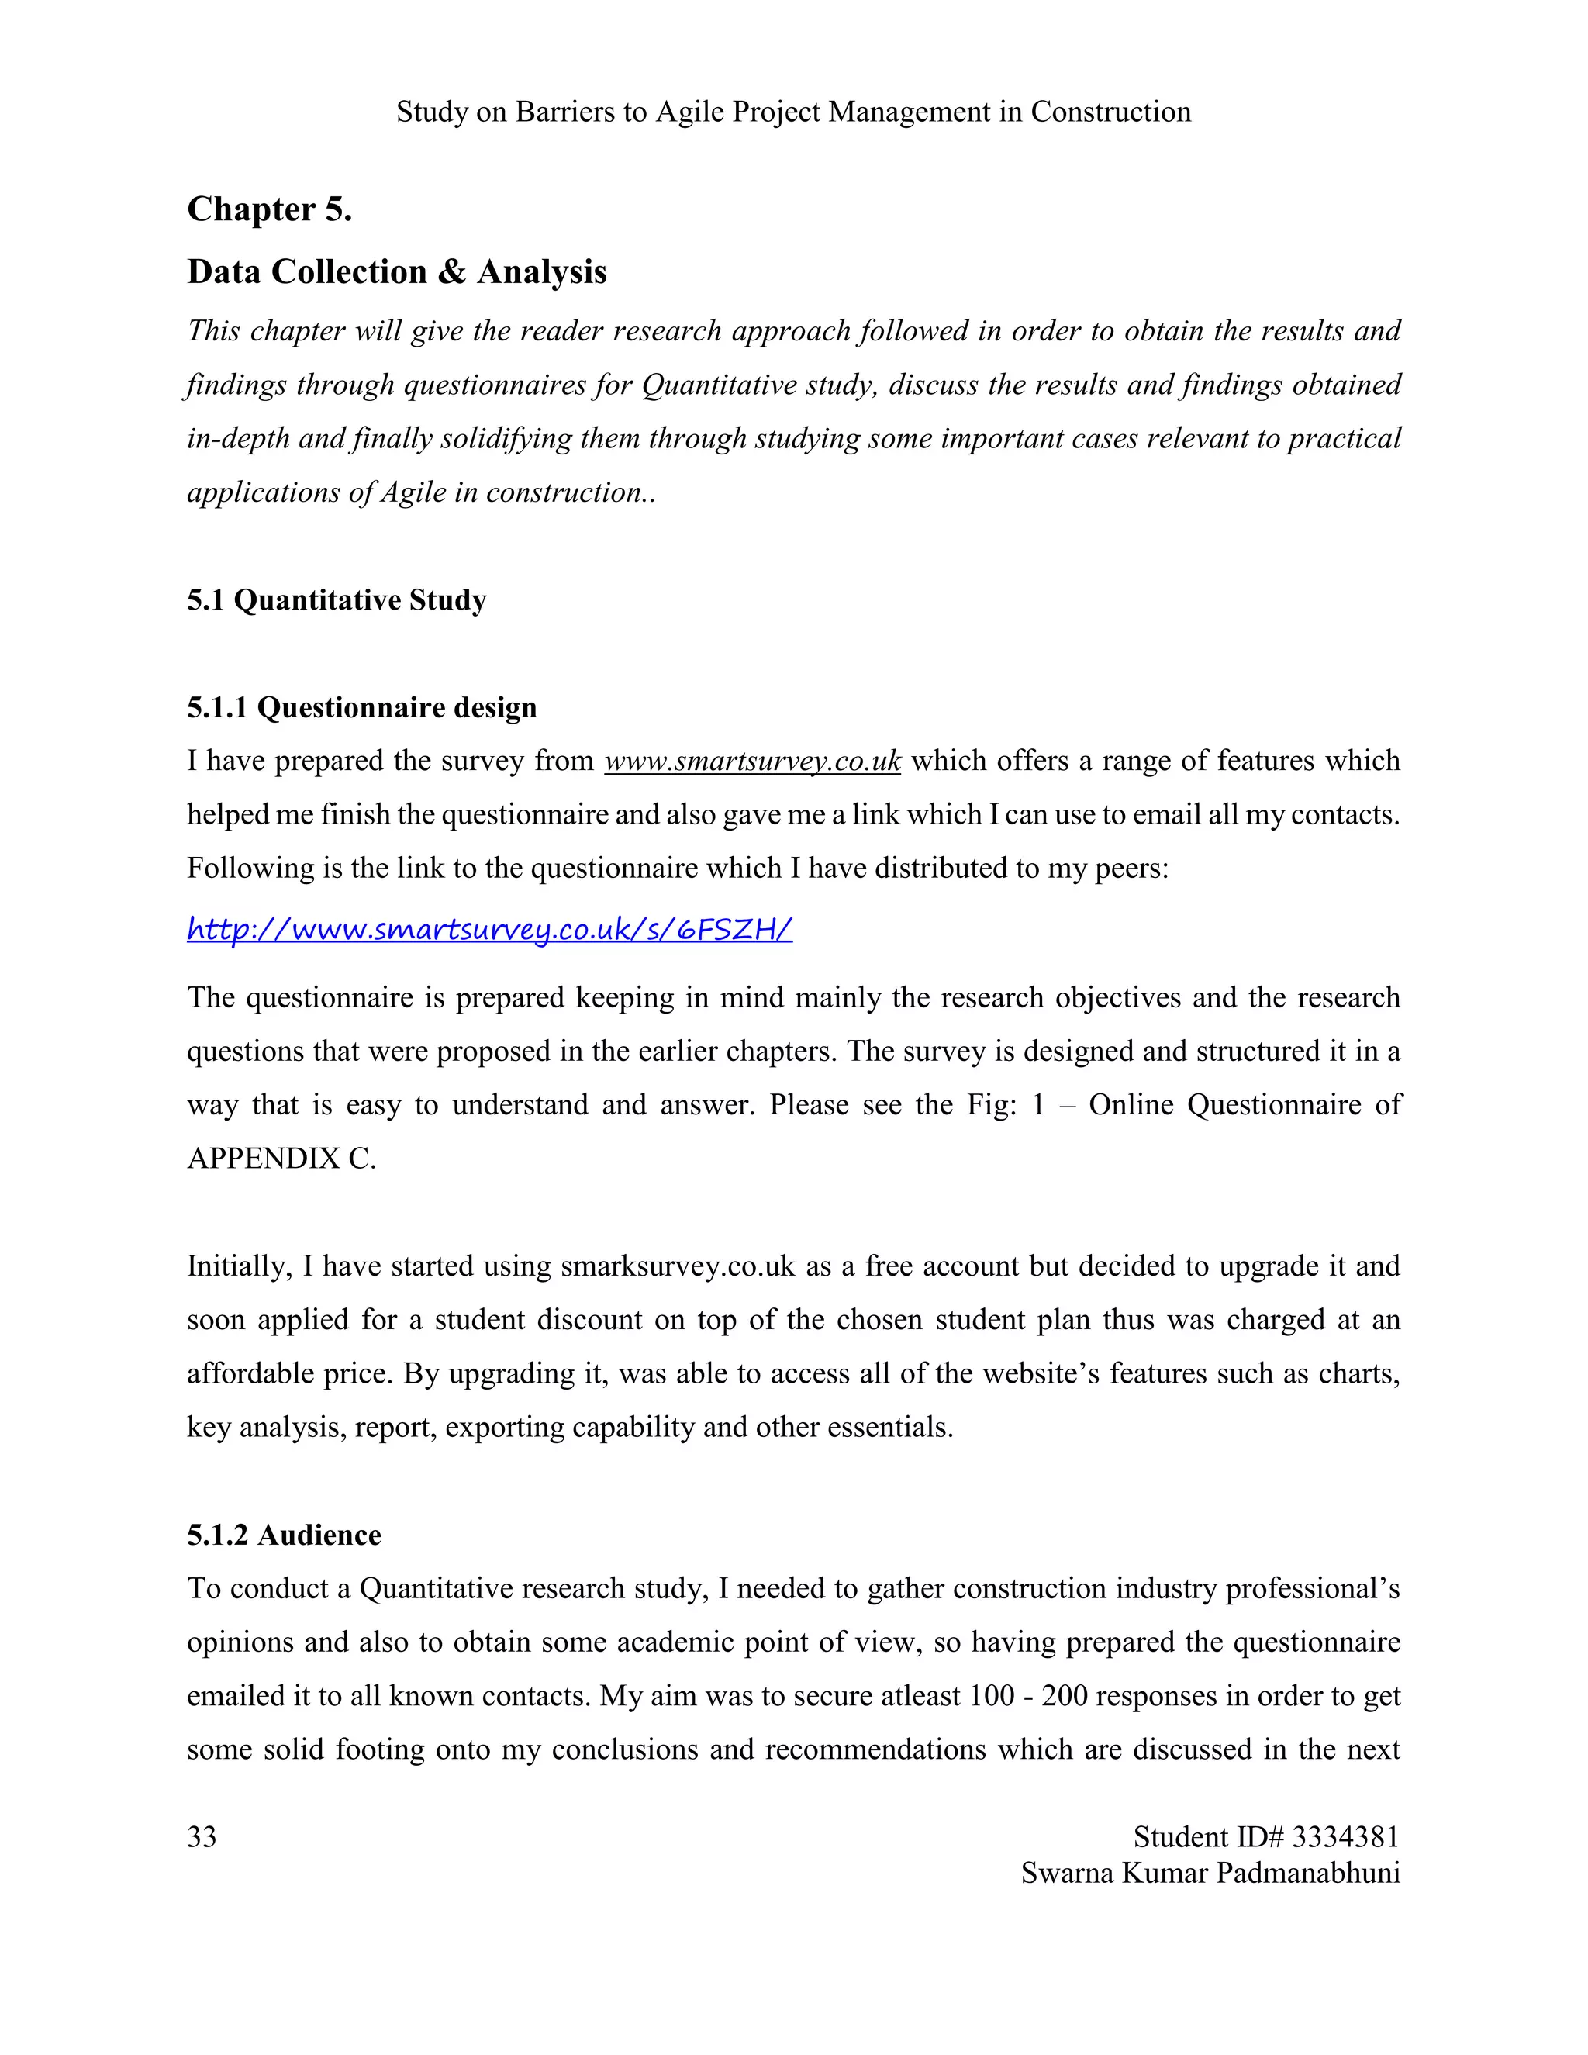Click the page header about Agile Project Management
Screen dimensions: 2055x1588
(793, 112)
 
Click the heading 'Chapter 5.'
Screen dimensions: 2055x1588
(270, 209)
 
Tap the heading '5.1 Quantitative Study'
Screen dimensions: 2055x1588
(337, 599)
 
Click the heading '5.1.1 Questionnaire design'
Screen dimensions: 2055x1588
(362, 706)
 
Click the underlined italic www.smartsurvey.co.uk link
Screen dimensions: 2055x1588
(753, 760)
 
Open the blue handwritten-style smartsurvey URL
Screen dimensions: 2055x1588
(489, 930)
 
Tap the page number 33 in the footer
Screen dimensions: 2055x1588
(202, 1836)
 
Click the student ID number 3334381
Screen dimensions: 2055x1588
(1345, 1836)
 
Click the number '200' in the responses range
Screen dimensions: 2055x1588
(1065, 1695)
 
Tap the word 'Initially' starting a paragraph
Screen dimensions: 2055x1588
(239, 1266)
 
